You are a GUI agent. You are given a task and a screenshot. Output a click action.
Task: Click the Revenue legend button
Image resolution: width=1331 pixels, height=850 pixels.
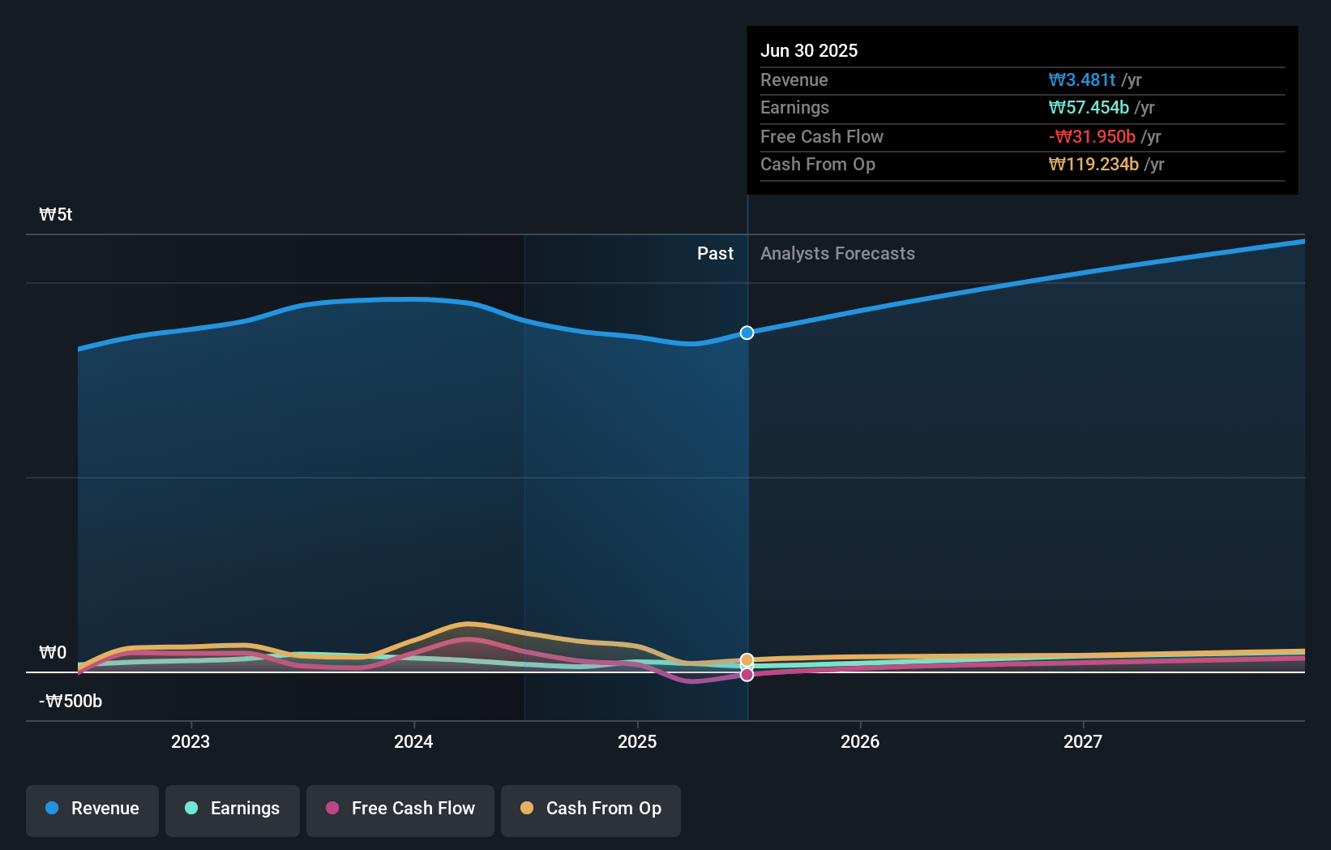tap(92, 809)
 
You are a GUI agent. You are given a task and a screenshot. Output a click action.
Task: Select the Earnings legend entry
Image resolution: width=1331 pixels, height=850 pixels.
tap(233, 809)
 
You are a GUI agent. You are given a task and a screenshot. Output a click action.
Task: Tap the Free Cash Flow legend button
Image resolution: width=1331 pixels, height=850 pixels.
tap(400, 809)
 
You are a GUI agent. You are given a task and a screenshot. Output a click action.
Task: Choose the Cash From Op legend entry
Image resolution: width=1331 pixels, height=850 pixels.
tap(591, 809)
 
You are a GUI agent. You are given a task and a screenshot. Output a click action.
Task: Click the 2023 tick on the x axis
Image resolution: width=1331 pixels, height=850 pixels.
tap(190, 741)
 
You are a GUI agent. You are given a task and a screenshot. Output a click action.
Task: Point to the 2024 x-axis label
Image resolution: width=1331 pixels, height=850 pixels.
tap(413, 741)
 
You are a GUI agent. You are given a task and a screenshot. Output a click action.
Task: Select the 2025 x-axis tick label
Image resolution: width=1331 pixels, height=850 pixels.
tap(637, 741)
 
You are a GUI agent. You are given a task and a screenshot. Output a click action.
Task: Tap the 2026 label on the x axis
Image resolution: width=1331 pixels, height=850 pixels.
tap(860, 741)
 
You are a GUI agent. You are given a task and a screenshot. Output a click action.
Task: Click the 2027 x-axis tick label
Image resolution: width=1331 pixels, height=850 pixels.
tap(1083, 741)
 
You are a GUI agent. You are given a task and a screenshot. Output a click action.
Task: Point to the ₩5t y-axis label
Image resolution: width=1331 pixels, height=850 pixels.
tap(56, 215)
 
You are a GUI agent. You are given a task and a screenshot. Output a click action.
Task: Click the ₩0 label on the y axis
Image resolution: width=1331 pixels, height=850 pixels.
tap(53, 653)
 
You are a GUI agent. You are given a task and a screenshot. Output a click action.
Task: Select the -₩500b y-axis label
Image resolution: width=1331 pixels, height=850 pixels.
tap(71, 702)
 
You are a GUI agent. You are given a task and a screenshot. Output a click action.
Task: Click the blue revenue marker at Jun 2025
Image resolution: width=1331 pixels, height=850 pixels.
tap(747, 333)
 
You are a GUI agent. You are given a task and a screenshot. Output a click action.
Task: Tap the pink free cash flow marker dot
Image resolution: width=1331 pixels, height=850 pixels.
tap(747, 675)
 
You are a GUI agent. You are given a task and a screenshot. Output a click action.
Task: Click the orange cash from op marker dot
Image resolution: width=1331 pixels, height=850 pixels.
tap(747, 660)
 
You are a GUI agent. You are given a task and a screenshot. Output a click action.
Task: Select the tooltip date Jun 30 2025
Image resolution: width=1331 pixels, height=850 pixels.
tap(808, 50)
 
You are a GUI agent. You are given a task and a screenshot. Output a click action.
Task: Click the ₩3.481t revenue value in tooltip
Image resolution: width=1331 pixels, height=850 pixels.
tap(1082, 79)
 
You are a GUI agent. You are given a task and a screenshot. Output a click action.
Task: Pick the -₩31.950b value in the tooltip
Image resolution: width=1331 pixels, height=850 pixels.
tap(1092, 136)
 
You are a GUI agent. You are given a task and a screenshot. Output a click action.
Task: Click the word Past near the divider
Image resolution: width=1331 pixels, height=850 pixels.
tap(715, 254)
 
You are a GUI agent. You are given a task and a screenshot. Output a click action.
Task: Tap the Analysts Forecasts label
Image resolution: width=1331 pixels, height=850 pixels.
tap(837, 254)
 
